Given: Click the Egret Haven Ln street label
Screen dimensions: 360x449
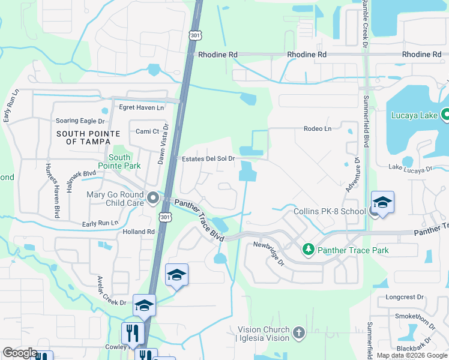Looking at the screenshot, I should click(x=141, y=107).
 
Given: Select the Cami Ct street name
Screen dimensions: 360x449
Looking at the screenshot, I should click(x=147, y=131).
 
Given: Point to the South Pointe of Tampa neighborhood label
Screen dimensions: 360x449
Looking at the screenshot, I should click(x=83, y=137).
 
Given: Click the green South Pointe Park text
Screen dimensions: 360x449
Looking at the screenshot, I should click(x=119, y=161).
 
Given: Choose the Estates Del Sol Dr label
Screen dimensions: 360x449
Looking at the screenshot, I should click(x=208, y=159).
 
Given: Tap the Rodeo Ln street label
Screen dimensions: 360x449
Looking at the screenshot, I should click(x=318, y=128).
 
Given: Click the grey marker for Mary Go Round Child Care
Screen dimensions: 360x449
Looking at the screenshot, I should click(x=154, y=197).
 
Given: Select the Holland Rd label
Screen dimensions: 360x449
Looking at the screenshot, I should click(x=139, y=232).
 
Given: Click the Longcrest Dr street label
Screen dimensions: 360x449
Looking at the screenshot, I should click(x=405, y=297).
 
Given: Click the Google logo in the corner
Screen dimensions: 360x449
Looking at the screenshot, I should click(x=20, y=353).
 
